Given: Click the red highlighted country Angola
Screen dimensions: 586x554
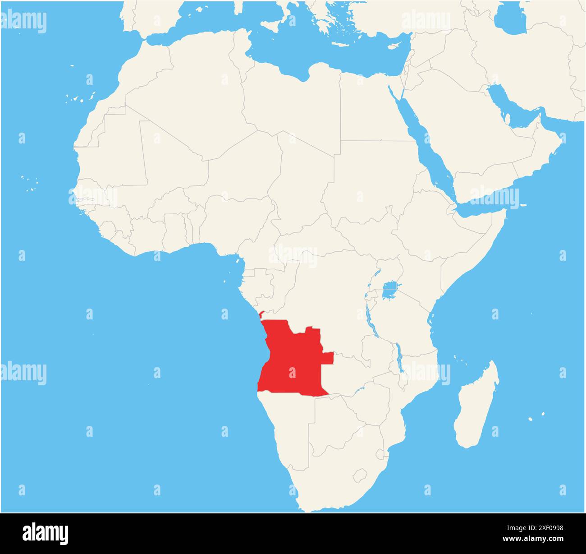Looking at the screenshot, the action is (x=293, y=361).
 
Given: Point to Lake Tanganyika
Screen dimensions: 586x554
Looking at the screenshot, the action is (x=369, y=311).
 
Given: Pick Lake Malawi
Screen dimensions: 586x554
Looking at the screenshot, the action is (x=399, y=356).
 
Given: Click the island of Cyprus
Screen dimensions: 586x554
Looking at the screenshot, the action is (x=395, y=46).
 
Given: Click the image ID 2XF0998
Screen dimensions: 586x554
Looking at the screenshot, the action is (x=542, y=528).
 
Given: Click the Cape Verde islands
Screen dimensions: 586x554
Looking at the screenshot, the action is (x=29, y=182).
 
